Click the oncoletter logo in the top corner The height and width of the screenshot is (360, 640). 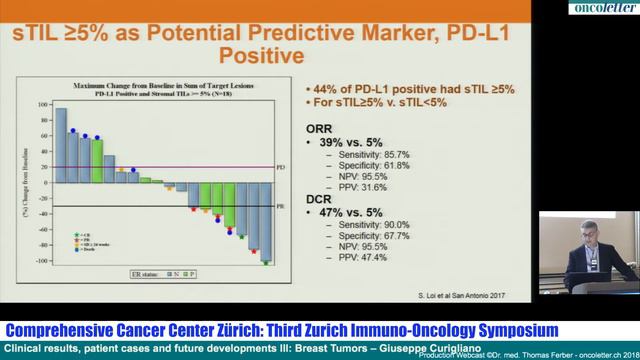pos(603,8)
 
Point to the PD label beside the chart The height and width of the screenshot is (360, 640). pos(280,168)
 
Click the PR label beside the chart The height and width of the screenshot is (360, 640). pos(280,205)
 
